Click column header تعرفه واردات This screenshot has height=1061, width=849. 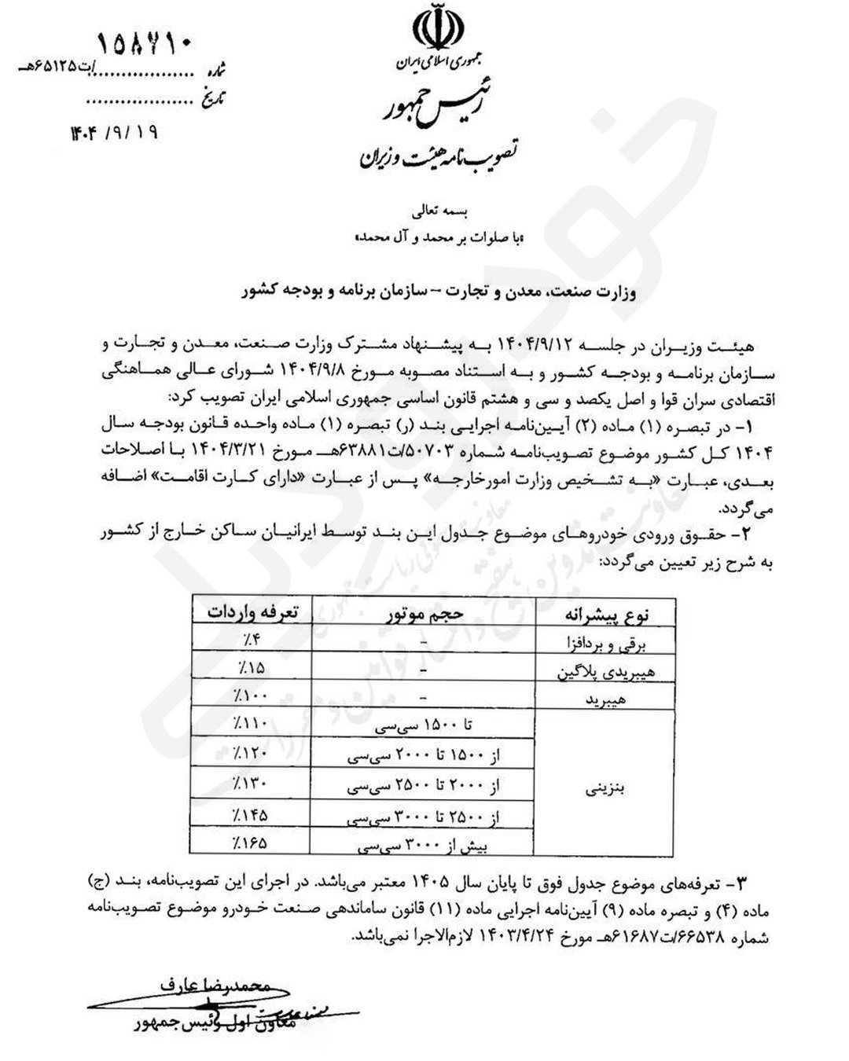coord(252,612)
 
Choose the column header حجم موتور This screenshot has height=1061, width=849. coord(424,614)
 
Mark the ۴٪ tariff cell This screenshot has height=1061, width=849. coord(252,640)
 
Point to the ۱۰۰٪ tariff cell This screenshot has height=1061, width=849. coord(251,695)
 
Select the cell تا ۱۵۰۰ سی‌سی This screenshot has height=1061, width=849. coord(424,724)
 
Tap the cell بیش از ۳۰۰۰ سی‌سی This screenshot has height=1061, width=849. coord(424,846)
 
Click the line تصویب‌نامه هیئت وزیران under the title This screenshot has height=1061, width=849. coord(437,159)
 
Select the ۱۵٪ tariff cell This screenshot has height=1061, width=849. coord(251,667)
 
